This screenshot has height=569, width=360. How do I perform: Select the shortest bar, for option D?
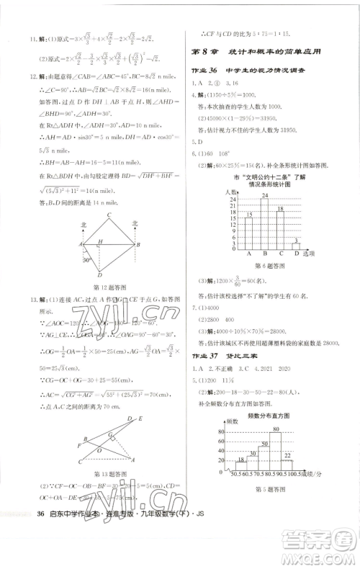click(x=295, y=246)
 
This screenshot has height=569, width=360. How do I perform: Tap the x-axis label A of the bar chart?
click(x=248, y=254)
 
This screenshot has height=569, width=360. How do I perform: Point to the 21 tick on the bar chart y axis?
click(x=233, y=207)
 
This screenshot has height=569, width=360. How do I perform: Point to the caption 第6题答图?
click(x=267, y=266)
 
